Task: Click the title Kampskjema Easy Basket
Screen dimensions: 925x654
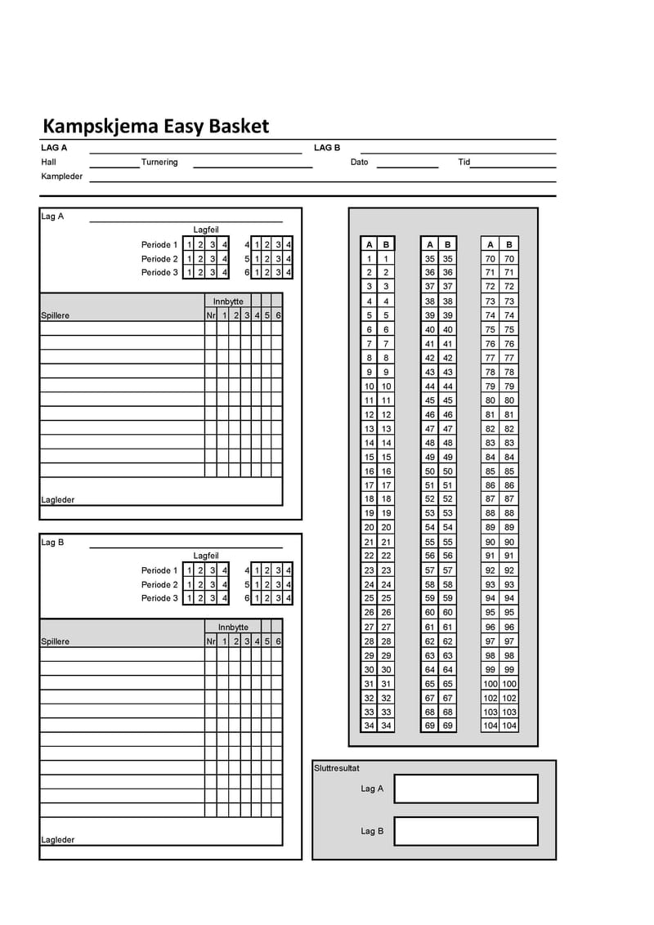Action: (x=155, y=127)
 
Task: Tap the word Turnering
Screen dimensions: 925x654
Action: (x=159, y=162)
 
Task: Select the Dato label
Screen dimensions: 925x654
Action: (x=360, y=162)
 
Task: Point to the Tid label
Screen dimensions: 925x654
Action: (x=464, y=162)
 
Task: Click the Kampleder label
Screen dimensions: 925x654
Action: (x=62, y=176)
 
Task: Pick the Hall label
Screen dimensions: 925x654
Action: (x=49, y=162)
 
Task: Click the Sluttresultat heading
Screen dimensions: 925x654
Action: (x=337, y=768)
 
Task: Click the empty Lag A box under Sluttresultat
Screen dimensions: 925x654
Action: (x=466, y=789)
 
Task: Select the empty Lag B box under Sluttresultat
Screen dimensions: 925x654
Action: (x=466, y=831)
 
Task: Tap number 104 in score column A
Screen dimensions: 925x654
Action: (x=490, y=726)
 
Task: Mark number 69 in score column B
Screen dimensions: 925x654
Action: (x=448, y=726)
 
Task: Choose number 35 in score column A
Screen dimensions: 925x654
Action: (x=430, y=258)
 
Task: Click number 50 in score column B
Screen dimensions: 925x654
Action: (x=448, y=471)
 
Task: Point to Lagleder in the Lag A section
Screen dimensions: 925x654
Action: (x=58, y=499)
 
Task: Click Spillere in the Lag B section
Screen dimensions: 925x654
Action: (x=56, y=641)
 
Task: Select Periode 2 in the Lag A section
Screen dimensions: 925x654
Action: (x=159, y=259)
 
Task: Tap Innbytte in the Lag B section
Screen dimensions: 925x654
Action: (x=233, y=628)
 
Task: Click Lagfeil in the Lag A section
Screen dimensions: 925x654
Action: (x=206, y=230)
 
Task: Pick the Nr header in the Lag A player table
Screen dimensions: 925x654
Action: (x=210, y=315)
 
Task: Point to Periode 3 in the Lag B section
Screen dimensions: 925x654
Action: (x=159, y=598)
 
